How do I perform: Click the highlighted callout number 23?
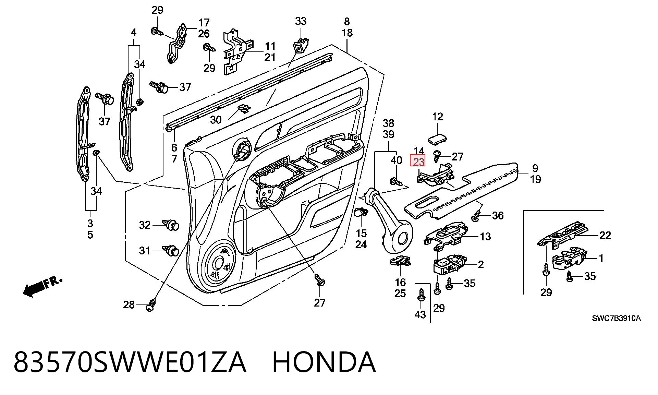tap(418, 161)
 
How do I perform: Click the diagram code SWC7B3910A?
tap(616, 318)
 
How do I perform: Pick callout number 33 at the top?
tap(301, 21)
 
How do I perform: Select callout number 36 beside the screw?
tap(498, 215)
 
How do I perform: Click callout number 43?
tap(420, 314)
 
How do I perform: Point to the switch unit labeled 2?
tap(449, 264)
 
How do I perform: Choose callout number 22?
tap(605, 235)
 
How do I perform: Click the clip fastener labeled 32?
tap(171, 225)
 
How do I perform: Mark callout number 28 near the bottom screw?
tap(129, 304)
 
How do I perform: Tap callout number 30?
tap(216, 120)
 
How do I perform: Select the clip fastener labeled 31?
tap(171, 251)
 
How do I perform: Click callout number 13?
tap(485, 236)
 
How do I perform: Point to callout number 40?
tap(396, 160)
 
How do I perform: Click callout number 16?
tap(400, 282)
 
